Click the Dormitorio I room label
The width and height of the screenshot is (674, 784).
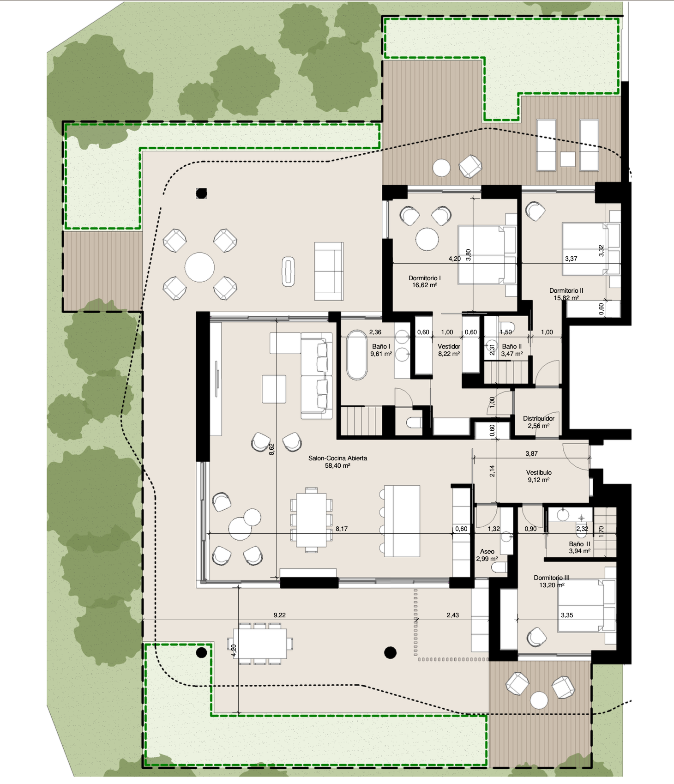coord(425,278)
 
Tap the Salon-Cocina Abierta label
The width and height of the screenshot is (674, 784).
coord(338,458)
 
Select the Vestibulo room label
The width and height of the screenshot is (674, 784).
coord(539,472)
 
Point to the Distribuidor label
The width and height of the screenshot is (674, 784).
coord(539,418)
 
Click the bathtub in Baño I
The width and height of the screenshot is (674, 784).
coord(357,355)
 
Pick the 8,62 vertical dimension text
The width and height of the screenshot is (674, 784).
coord(272,449)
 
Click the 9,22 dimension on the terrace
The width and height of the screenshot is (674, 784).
coord(280,615)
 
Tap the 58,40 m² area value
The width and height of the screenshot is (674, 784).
coord(338,465)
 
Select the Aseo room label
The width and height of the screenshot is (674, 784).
coord(487,551)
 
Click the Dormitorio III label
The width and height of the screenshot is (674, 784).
coord(552,578)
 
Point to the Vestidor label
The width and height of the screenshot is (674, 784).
coord(449,346)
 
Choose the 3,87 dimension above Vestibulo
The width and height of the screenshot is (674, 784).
coord(531,453)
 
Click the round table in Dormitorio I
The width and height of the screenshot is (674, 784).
coord(427,239)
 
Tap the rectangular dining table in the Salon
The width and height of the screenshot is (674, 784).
coord(311,520)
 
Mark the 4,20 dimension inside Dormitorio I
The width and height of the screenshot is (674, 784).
coord(455,259)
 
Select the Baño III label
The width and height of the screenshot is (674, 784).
coord(579,544)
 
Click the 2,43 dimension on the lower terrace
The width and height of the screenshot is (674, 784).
coord(453,615)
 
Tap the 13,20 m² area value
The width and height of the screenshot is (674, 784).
coord(552,585)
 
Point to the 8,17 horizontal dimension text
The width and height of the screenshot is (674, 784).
coord(342,529)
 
